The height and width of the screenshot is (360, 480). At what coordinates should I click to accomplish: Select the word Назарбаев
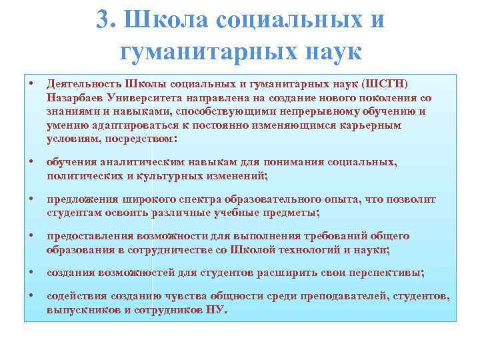click(71, 97)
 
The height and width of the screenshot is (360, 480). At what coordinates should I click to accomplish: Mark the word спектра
click(195, 199)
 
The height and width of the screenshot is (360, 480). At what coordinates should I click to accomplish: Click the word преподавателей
click(345, 296)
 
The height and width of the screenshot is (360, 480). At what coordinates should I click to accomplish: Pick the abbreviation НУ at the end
click(217, 310)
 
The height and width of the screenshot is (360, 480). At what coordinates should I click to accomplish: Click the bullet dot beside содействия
click(31, 295)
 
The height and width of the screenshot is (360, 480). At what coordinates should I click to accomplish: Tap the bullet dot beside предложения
click(31, 198)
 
